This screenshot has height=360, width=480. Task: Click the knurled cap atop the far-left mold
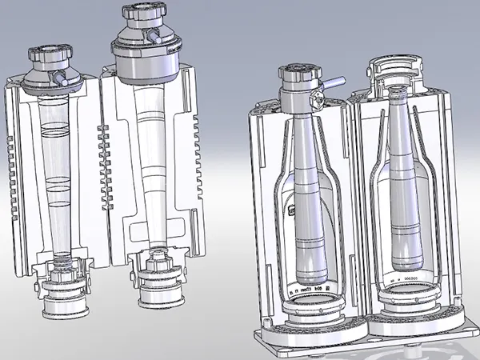pyautogui.click(x=50, y=58)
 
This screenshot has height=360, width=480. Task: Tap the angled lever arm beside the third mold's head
pyautogui.click(x=333, y=79)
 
